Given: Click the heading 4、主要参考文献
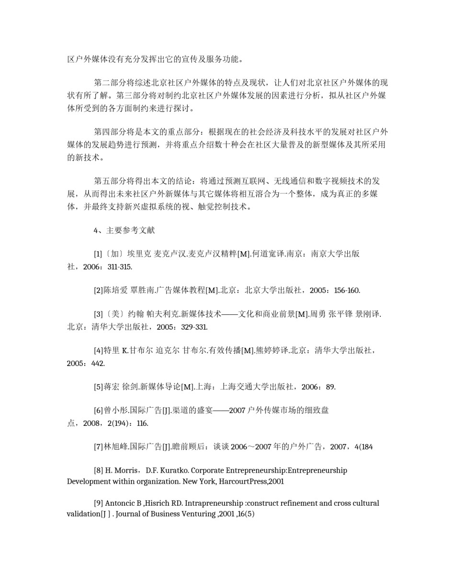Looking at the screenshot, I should [124, 231].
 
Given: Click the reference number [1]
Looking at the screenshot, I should [98, 254].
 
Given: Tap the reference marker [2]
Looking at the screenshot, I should [98, 290].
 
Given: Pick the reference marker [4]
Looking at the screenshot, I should [98, 351].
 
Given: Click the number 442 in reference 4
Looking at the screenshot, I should [98, 364].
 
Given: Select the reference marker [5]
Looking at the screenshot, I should [98, 387].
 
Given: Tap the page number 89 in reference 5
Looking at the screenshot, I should [330, 387].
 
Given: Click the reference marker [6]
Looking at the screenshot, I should [98, 410].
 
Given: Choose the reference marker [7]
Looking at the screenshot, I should [98, 447].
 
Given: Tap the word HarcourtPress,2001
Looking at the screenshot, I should [251, 481].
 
